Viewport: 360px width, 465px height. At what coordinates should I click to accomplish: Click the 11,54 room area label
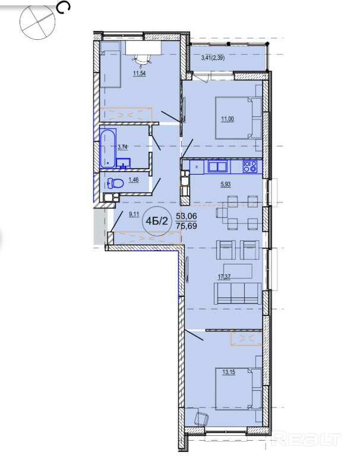[139, 74]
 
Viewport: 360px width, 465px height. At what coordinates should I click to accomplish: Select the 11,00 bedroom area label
[228, 119]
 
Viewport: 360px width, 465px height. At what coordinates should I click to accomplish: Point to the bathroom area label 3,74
[123, 146]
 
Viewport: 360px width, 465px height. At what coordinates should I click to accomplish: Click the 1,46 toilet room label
[133, 180]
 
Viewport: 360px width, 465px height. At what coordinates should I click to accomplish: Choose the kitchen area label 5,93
[225, 185]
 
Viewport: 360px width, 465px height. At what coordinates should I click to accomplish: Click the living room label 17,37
[225, 277]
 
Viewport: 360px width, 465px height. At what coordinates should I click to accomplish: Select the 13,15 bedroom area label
[229, 372]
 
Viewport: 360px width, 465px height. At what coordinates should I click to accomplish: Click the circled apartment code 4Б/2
[157, 221]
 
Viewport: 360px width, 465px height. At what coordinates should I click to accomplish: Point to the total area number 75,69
[187, 226]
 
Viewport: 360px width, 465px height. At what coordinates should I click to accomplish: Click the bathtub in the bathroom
[108, 148]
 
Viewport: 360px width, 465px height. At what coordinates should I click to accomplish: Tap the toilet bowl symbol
[115, 184]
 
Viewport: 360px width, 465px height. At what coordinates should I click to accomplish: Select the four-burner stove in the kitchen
[250, 166]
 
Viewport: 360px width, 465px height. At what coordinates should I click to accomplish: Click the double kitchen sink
[218, 166]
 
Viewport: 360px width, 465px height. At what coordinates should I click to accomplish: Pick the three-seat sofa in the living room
[238, 293]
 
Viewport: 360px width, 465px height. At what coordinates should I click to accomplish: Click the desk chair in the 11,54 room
[142, 59]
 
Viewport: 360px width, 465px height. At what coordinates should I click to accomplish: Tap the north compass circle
[37, 22]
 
